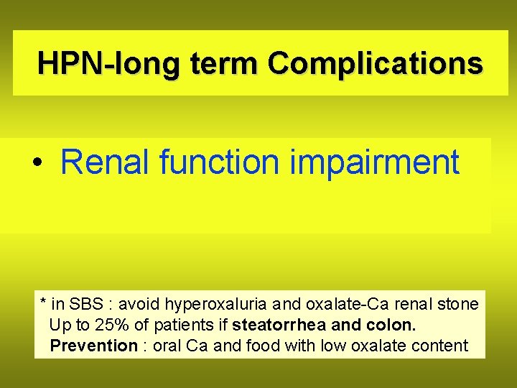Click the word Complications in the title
pos(375,63)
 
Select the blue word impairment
pos(374,162)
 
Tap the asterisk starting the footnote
pos(44,302)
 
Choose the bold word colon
pos(394,325)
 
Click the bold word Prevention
pos(93,346)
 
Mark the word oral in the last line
pos(168,346)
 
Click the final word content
pos(440,346)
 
